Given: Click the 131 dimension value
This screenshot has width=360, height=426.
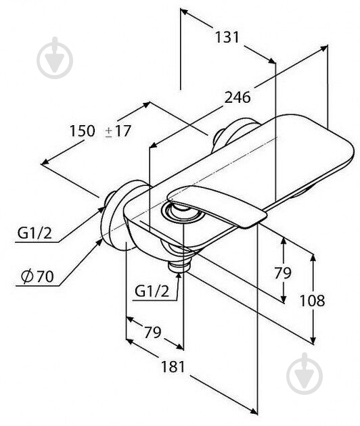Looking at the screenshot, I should pyautogui.click(x=227, y=38).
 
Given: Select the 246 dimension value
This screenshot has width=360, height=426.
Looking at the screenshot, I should pyautogui.click(x=238, y=97).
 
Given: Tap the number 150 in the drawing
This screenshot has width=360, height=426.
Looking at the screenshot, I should pyautogui.click(x=83, y=131).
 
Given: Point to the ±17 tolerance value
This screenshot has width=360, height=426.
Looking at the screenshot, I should pyautogui.click(x=117, y=131).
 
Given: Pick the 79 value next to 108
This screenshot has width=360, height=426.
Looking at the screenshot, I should pyautogui.click(x=282, y=273).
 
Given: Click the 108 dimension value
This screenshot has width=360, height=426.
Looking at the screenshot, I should pyautogui.click(x=313, y=301).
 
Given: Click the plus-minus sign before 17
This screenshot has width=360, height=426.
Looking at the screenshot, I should pyautogui.click(x=109, y=131).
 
